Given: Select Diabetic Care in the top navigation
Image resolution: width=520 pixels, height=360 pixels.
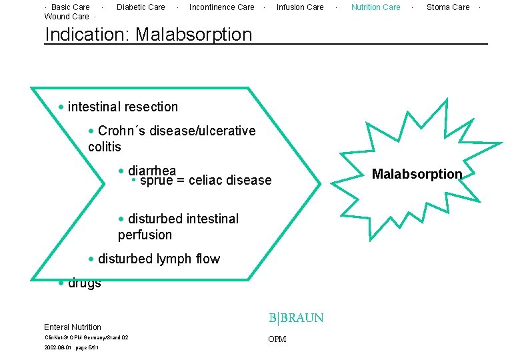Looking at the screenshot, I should coord(141,7).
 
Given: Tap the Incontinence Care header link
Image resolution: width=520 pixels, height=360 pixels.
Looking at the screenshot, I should coord(221,7).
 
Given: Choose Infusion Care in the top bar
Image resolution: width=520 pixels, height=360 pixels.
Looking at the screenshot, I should coord(300,7).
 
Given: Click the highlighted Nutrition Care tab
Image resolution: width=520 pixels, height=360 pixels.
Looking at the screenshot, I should coord(376,7).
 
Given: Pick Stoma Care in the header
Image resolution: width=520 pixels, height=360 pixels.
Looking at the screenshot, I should coord(448,7).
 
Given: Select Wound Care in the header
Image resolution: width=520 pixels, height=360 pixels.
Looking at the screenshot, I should coord(66,17).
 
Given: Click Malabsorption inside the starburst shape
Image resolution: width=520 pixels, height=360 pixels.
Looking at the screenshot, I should coord(417,174).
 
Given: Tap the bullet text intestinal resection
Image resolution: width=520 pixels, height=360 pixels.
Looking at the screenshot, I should coord(123,107).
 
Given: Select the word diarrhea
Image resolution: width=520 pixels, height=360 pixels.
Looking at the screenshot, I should coord(151,171).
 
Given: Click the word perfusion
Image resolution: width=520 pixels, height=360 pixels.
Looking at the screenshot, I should coord(145,235).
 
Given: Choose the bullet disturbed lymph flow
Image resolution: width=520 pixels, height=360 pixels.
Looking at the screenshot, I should coord(159,259).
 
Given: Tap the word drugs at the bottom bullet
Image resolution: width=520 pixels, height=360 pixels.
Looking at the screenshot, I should coord(85,284).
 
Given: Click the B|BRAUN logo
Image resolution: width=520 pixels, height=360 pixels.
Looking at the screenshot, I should coord(296,318).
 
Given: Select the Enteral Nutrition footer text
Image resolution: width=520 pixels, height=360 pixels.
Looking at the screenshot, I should coord(73,327).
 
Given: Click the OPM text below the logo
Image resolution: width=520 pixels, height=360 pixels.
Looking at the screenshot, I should coord(277,339).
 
